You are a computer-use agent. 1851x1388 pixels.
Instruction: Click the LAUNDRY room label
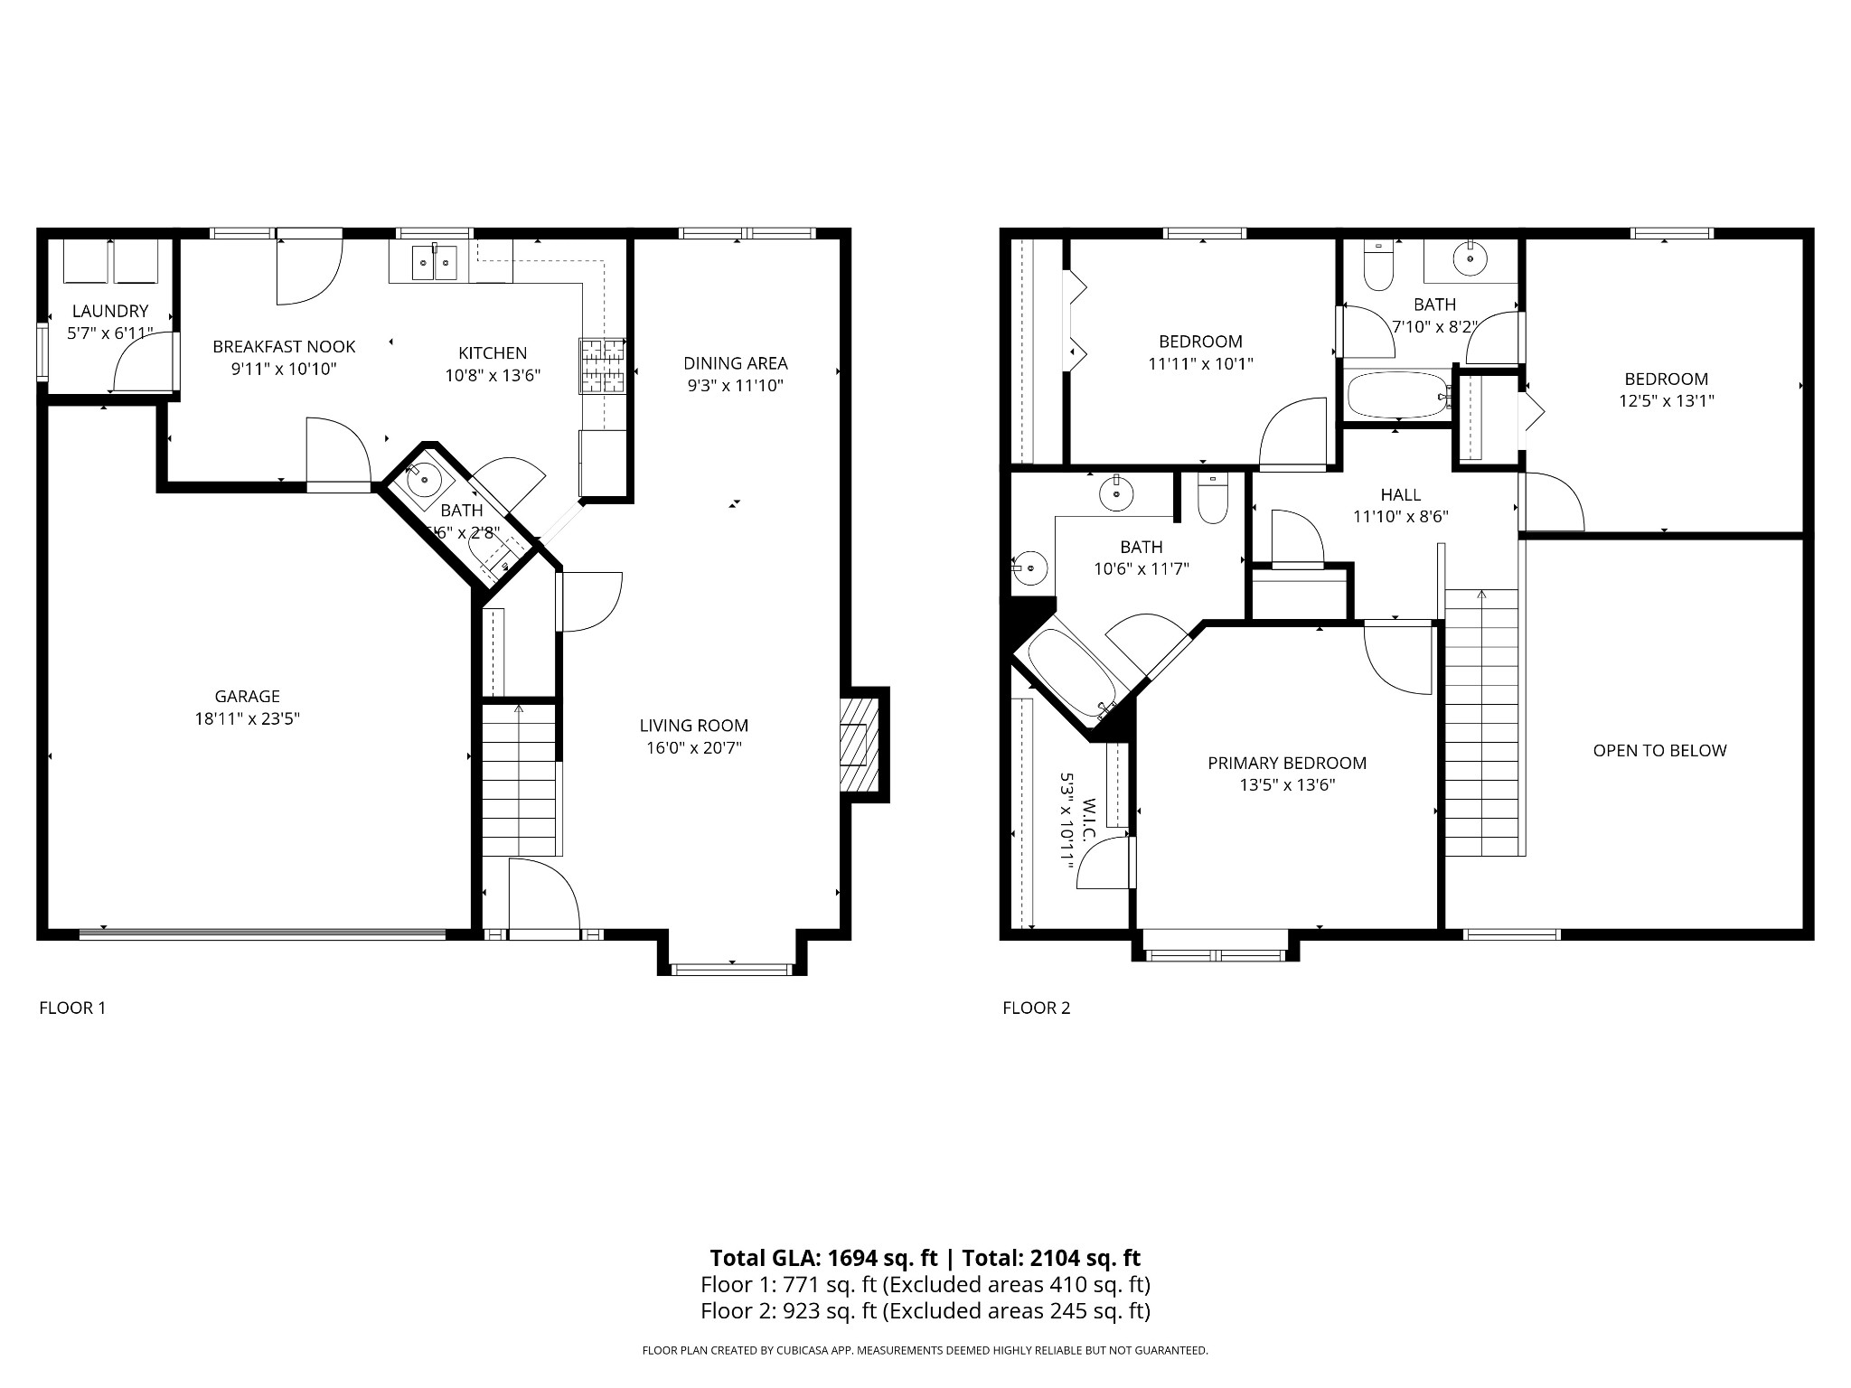pyautogui.click(x=109, y=312)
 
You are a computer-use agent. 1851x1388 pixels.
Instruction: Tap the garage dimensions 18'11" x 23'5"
pyautogui.click(x=247, y=719)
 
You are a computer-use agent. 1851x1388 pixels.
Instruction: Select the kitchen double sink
pyautogui.click(x=435, y=262)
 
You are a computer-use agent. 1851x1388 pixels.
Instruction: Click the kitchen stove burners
pyautogui.click(x=602, y=365)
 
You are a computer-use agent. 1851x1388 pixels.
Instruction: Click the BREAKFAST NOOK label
pyautogui.click(x=284, y=347)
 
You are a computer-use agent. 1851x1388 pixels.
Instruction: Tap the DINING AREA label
pyautogui.click(x=735, y=363)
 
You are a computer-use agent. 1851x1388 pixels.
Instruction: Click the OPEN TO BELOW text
pyautogui.click(x=1659, y=751)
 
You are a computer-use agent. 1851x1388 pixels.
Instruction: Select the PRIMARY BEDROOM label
pyautogui.click(x=1287, y=764)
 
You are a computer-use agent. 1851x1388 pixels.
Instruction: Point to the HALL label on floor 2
pyautogui.click(x=1400, y=495)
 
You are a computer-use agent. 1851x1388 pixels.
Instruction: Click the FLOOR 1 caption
pyautogui.click(x=72, y=1008)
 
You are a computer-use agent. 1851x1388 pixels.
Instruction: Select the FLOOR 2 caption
pyautogui.click(x=1036, y=1008)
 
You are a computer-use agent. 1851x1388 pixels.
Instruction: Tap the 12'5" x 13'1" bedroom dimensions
pyautogui.click(x=1666, y=400)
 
